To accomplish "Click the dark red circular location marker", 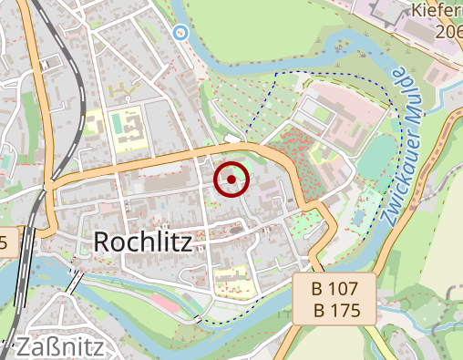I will (231, 180).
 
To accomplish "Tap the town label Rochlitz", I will (141, 242).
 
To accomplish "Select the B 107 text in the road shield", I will (335, 289).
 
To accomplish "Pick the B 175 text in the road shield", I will (335, 310).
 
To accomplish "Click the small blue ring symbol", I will (180, 33).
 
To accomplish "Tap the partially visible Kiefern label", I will (437, 12).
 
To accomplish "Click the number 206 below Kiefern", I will (448, 31).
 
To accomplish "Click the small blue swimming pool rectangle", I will (358, 218).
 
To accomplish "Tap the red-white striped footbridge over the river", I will (74, 278).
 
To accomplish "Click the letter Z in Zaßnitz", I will (26, 347).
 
